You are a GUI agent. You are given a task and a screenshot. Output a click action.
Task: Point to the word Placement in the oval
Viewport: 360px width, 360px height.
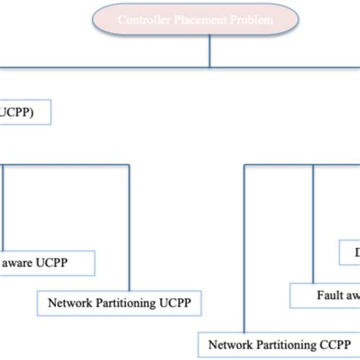pyautogui.click(x=200, y=20)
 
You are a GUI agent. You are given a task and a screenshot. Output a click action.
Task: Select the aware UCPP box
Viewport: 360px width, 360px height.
pyautogui.click(x=47, y=264)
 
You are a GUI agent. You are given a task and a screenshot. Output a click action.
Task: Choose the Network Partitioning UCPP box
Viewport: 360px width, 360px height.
pyautogui.click(x=119, y=303)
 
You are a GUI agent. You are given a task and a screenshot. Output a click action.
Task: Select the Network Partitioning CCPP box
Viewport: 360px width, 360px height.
pyautogui.click(x=278, y=343)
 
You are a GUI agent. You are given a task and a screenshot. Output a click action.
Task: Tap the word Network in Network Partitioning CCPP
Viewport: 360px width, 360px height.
pyautogui.click(x=229, y=343)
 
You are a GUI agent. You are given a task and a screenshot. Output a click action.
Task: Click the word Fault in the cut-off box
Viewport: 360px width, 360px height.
pyautogui.click(x=330, y=295)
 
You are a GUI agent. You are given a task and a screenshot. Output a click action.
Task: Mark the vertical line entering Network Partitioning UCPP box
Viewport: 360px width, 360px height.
pyautogui.click(x=129, y=228)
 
